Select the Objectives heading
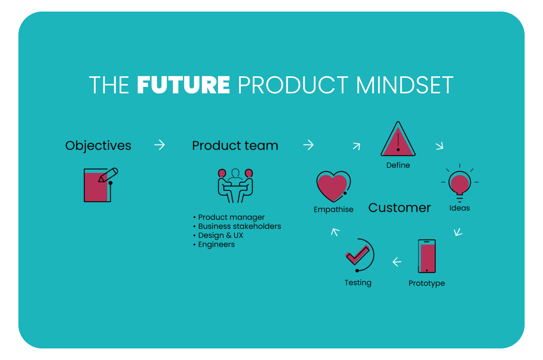coord(98,146)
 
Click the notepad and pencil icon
coord(101,185)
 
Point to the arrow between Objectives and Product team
coord(160,145)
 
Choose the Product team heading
coord(235,146)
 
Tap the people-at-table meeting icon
coord(235,185)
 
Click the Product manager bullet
coord(229,217)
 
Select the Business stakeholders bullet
coord(237,226)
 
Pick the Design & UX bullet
coord(218,235)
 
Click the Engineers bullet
coord(214,244)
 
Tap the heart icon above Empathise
coord(334,186)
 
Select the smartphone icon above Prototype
coord(427,256)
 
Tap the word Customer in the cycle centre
coord(399,208)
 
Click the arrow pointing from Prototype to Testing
coord(397,262)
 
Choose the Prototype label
coord(427,283)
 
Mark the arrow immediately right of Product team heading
coord(308,145)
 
